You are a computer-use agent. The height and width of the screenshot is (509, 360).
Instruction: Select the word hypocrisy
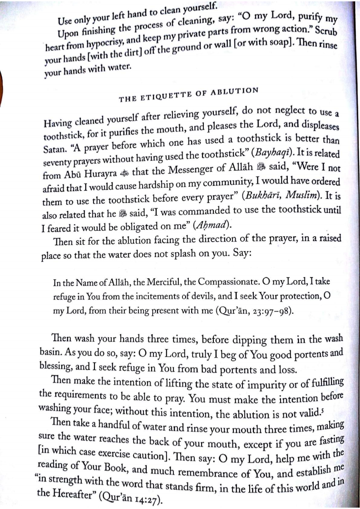click(91, 49)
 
